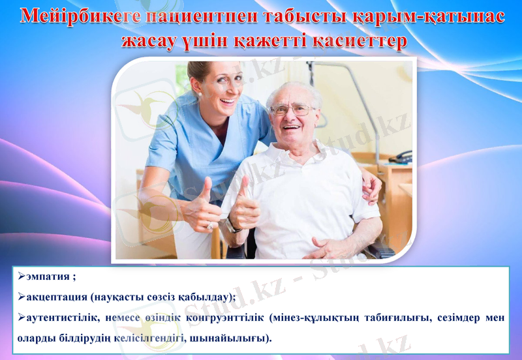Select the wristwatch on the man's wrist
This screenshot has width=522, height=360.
(x=230, y=226)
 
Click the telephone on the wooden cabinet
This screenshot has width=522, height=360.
(x=400, y=157)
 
